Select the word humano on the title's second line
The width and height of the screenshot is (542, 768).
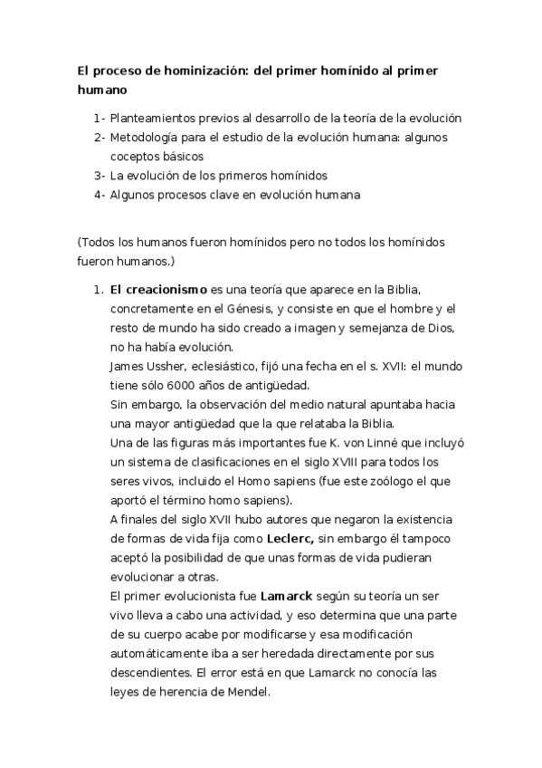(x=101, y=90)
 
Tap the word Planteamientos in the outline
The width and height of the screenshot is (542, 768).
(x=154, y=118)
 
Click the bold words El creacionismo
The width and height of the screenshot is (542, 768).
(x=158, y=290)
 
